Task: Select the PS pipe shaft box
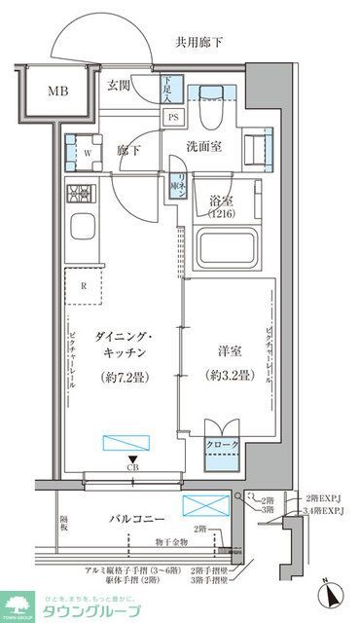[x=173, y=118]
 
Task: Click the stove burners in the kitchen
[x=80, y=193]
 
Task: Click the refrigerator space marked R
[x=85, y=286]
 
